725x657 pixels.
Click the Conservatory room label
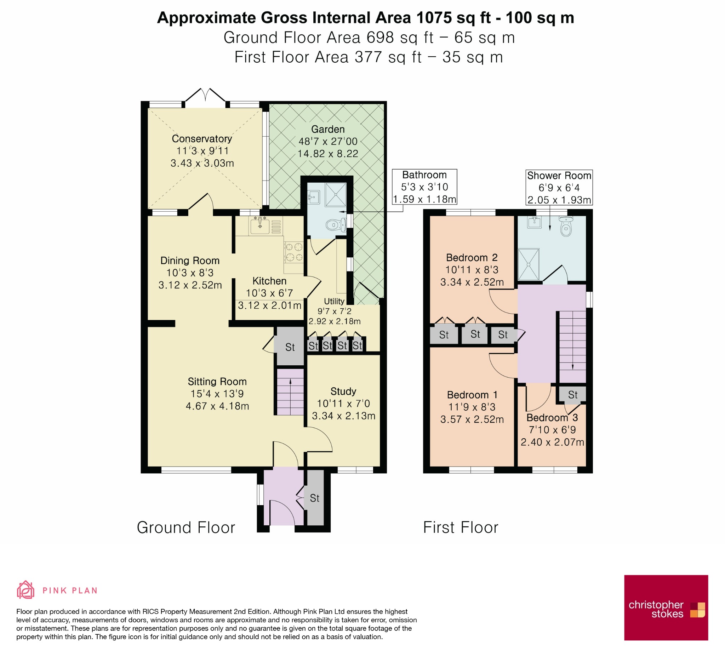202,139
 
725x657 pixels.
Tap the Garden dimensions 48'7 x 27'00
328,141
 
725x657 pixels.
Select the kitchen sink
259,225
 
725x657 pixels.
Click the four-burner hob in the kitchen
294,252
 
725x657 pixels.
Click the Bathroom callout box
424,187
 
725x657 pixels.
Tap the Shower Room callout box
559,188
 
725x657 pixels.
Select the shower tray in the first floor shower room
529,264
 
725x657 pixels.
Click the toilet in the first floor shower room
566,226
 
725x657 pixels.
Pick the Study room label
343,391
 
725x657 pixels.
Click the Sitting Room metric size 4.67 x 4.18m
217,406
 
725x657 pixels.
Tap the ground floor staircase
290,392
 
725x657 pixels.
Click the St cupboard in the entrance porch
315,498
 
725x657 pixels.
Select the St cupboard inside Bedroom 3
572,395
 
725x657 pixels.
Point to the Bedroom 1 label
472,395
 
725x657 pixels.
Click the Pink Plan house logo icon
25,590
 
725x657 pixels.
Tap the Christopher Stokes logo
666,608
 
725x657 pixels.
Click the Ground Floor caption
186,527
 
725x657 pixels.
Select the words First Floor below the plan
461,527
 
